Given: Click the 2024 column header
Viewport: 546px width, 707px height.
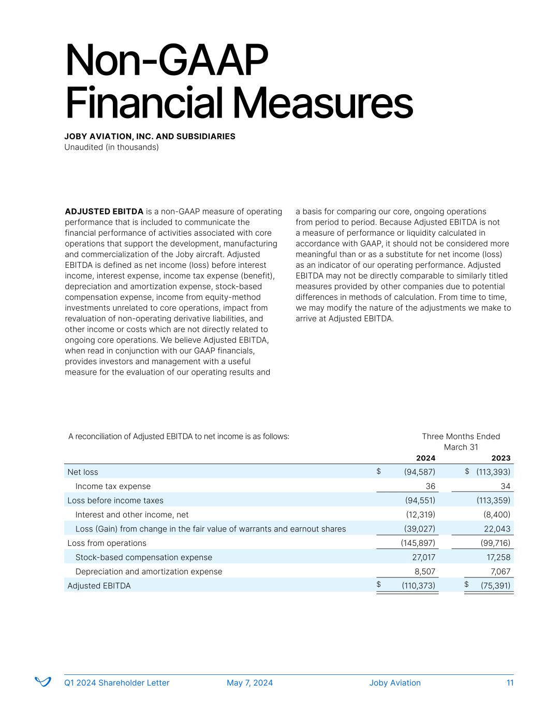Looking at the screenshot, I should pyautogui.click(x=425, y=458).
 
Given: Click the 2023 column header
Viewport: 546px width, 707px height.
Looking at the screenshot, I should pyautogui.click(x=500, y=458).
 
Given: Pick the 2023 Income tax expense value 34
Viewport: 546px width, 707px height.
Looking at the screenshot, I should pyautogui.click(x=505, y=486).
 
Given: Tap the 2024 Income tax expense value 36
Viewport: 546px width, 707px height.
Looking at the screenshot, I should pyautogui.click(x=430, y=486).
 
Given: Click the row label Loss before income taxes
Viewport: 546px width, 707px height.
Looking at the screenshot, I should pyautogui.click(x=115, y=500).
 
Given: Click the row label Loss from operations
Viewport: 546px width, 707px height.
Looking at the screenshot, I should pyautogui.click(x=107, y=543).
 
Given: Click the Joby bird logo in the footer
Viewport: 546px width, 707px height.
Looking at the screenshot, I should pyautogui.click(x=42, y=682).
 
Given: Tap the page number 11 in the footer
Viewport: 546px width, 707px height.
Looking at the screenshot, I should pyautogui.click(x=510, y=683).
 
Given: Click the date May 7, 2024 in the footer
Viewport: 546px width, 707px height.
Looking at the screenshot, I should pyautogui.click(x=249, y=683).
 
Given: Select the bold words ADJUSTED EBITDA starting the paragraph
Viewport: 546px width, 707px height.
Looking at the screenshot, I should pyautogui.click(x=104, y=211).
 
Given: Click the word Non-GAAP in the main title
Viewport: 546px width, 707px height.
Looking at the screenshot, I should pyautogui.click(x=166, y=61).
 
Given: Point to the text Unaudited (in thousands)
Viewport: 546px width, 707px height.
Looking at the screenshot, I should pyautogui.click(x=111, y=147).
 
